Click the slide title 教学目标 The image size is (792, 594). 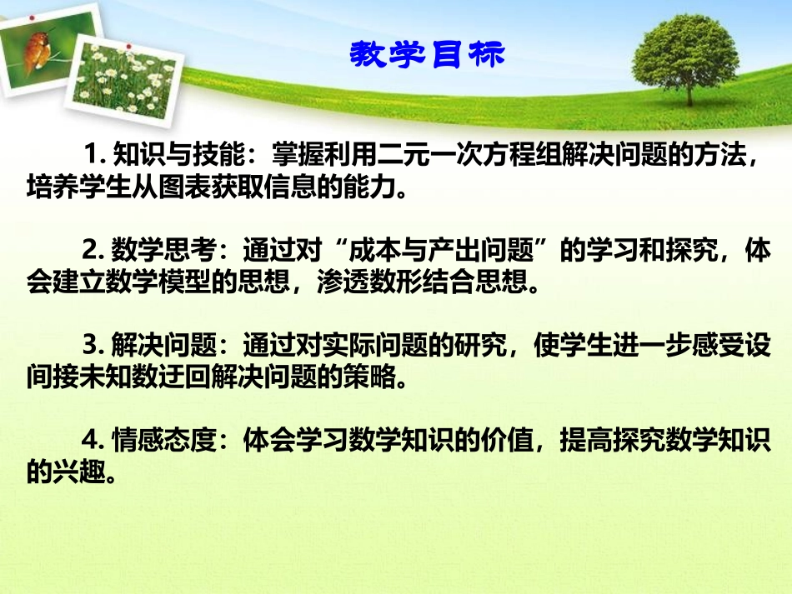pyautogui.click(x=426, y=54)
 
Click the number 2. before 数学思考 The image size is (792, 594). pyautogui.click(x=97, y=251)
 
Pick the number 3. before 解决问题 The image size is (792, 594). pyautogui.click(x=97, y=346)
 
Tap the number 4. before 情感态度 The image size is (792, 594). pyautogui.click(x=97, y=441)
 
